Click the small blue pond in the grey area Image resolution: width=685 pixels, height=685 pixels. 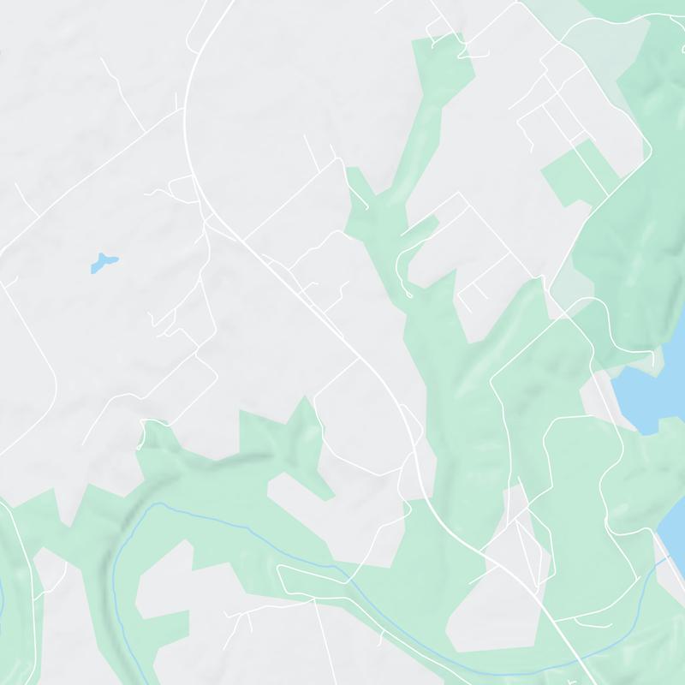pyautogui.click(x=103, y=263)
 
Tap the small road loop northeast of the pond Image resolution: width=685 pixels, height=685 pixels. pyautogui.click(x=182, y=186)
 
